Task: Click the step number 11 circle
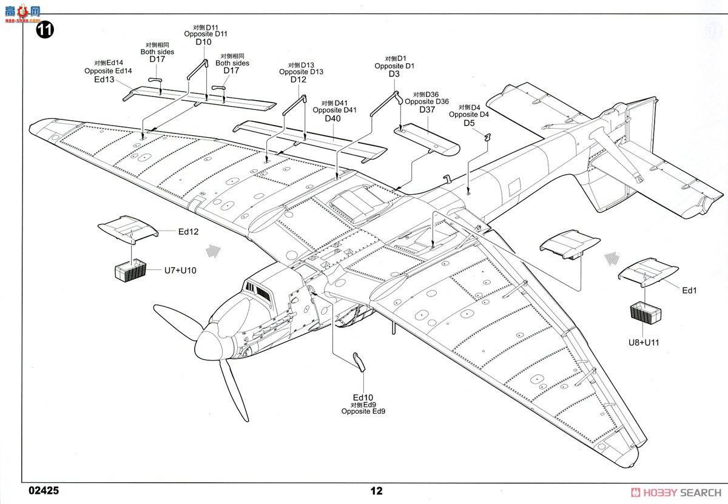point(45,30)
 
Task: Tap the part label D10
point(203,42)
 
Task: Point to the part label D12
point(298,79)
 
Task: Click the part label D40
point(332,118)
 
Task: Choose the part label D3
point(394,74)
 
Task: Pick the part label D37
point(428,109)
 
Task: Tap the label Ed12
point(188,232)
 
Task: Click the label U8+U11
point(644,342)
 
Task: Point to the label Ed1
point(689,291)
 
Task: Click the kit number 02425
point(43,490)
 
